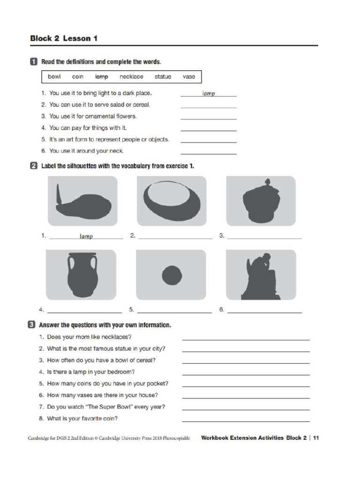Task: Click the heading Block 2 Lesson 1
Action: pos(64,38)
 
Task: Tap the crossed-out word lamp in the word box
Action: pos(102,76)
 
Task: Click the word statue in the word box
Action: pos(163,76)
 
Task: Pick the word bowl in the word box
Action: pos(54,76)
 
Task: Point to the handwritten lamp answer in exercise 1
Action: pos(209,94)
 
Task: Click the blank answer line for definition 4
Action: pos(209,130)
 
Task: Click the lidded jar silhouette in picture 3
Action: pos(261,202)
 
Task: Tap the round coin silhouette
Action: pos(172,275)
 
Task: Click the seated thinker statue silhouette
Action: pos(261,277)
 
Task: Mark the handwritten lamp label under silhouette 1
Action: pos(86,237)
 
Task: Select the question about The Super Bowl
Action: pos(106,406)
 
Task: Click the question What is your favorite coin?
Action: pos(82,418)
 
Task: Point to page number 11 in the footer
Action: pos(316,438)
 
